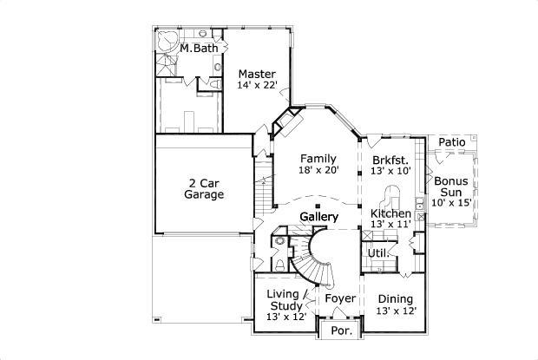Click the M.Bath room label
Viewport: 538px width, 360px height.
tap(200, 49)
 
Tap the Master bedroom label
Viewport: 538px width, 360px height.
tap(257, 75)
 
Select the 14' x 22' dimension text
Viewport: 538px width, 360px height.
tap(257, 86)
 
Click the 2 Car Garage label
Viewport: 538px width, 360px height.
tap(205, 189)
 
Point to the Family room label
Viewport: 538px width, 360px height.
tap(318, 159)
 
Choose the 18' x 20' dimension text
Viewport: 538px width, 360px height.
tap(318, 171)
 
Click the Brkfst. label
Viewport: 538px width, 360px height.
tap(390, 160)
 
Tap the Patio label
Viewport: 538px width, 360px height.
tap(452, 141)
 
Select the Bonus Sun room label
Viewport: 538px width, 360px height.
tap(452, 187)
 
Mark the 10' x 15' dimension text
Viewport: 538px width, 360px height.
tap(452, 202)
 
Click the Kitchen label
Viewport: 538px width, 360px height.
tap(391, 213)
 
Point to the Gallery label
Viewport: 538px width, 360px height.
tap(318, 216)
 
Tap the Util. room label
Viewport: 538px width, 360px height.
tap(377, 253)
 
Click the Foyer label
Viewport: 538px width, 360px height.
tap(340, 299)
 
